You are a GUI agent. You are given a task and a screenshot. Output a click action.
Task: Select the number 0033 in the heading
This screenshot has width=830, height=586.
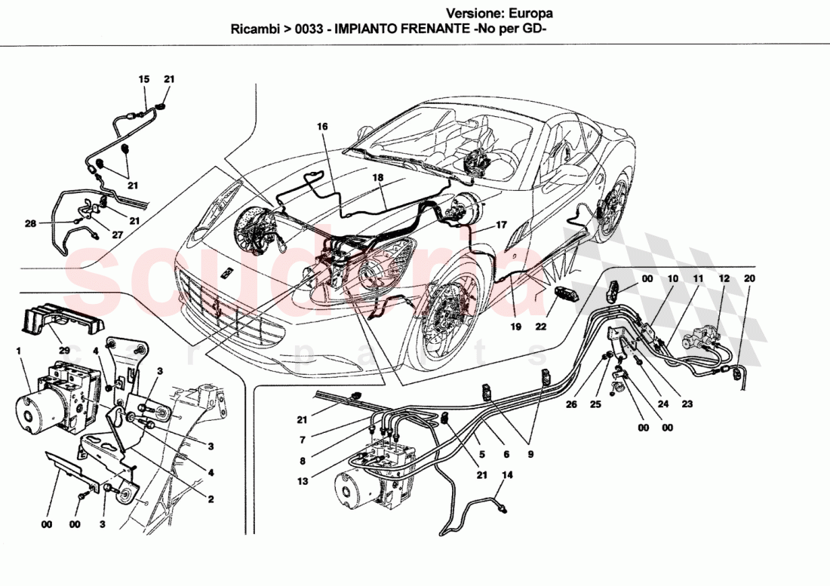click(306, 31)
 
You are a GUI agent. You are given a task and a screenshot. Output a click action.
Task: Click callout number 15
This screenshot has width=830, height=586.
click(144, 79)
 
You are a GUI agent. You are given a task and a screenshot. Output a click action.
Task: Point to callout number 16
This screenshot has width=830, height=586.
click(322, 127)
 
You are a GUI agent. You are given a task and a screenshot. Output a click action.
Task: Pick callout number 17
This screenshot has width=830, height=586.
click(500, 225)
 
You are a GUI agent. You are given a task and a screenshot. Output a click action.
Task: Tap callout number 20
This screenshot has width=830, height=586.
click(749, 278)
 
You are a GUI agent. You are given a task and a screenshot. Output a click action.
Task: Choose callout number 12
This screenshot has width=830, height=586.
click(724, 278)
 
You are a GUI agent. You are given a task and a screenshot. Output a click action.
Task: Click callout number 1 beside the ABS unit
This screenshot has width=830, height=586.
click(19, 351)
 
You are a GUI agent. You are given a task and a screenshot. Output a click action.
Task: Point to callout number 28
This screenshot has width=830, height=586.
click(29, 223)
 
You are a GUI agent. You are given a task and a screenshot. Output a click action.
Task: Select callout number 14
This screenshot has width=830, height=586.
click(507, 475)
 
